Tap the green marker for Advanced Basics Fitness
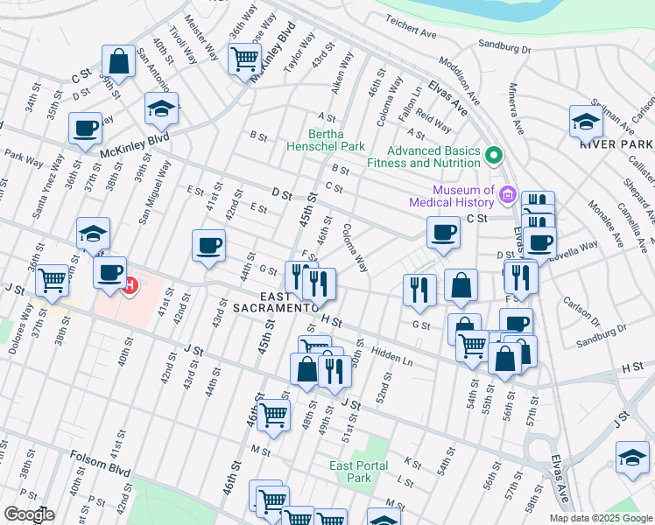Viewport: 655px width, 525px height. (x=494, y=157)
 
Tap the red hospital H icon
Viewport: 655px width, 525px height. (x=130, y=285)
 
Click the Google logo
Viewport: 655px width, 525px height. (x=29, y=514)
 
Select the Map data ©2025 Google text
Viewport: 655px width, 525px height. (x=601, y=518)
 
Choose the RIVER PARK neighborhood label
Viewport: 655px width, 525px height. (x=616, y=143)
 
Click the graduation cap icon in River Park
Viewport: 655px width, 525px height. (x=586, y=122)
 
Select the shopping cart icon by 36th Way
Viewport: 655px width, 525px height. (x=244, y=59)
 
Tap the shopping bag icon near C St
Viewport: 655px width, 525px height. (x=117, y=63)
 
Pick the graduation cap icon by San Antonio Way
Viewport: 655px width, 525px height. (x=161, y=109)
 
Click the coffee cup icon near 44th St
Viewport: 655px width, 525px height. (x=208, y=246)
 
